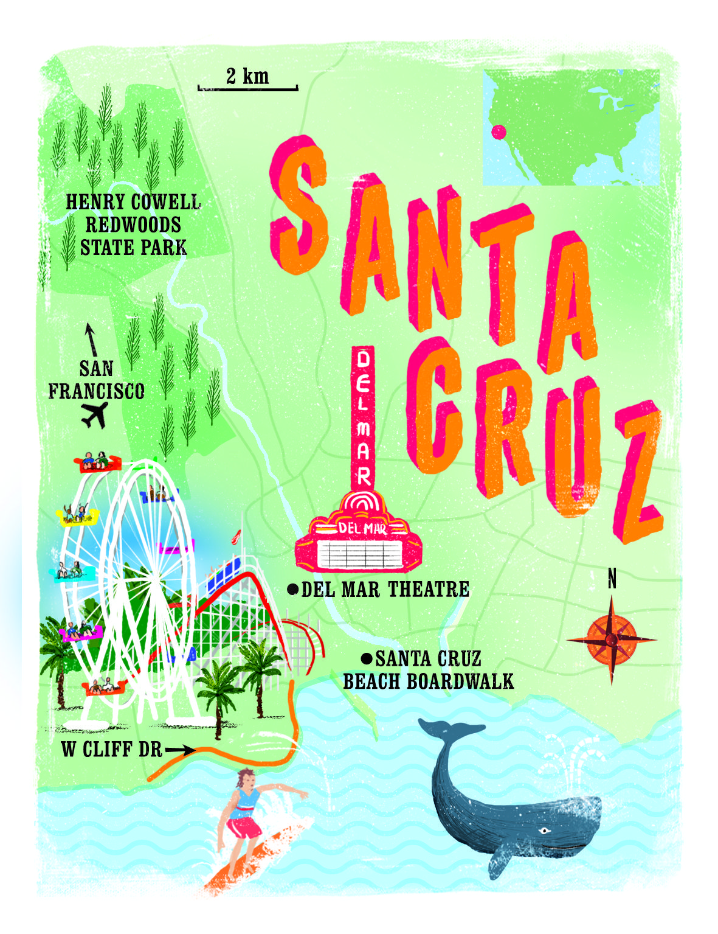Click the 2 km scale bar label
[247, 76]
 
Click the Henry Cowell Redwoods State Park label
[133, 225]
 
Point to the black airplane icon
[95, 416]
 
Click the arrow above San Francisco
[91, 339]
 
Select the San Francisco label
[96, 380]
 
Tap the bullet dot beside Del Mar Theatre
[293, 588]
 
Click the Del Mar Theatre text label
[385, 589]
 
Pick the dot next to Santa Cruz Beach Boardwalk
[367, 658]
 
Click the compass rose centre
[612, 640]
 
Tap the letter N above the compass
[612, 579]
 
